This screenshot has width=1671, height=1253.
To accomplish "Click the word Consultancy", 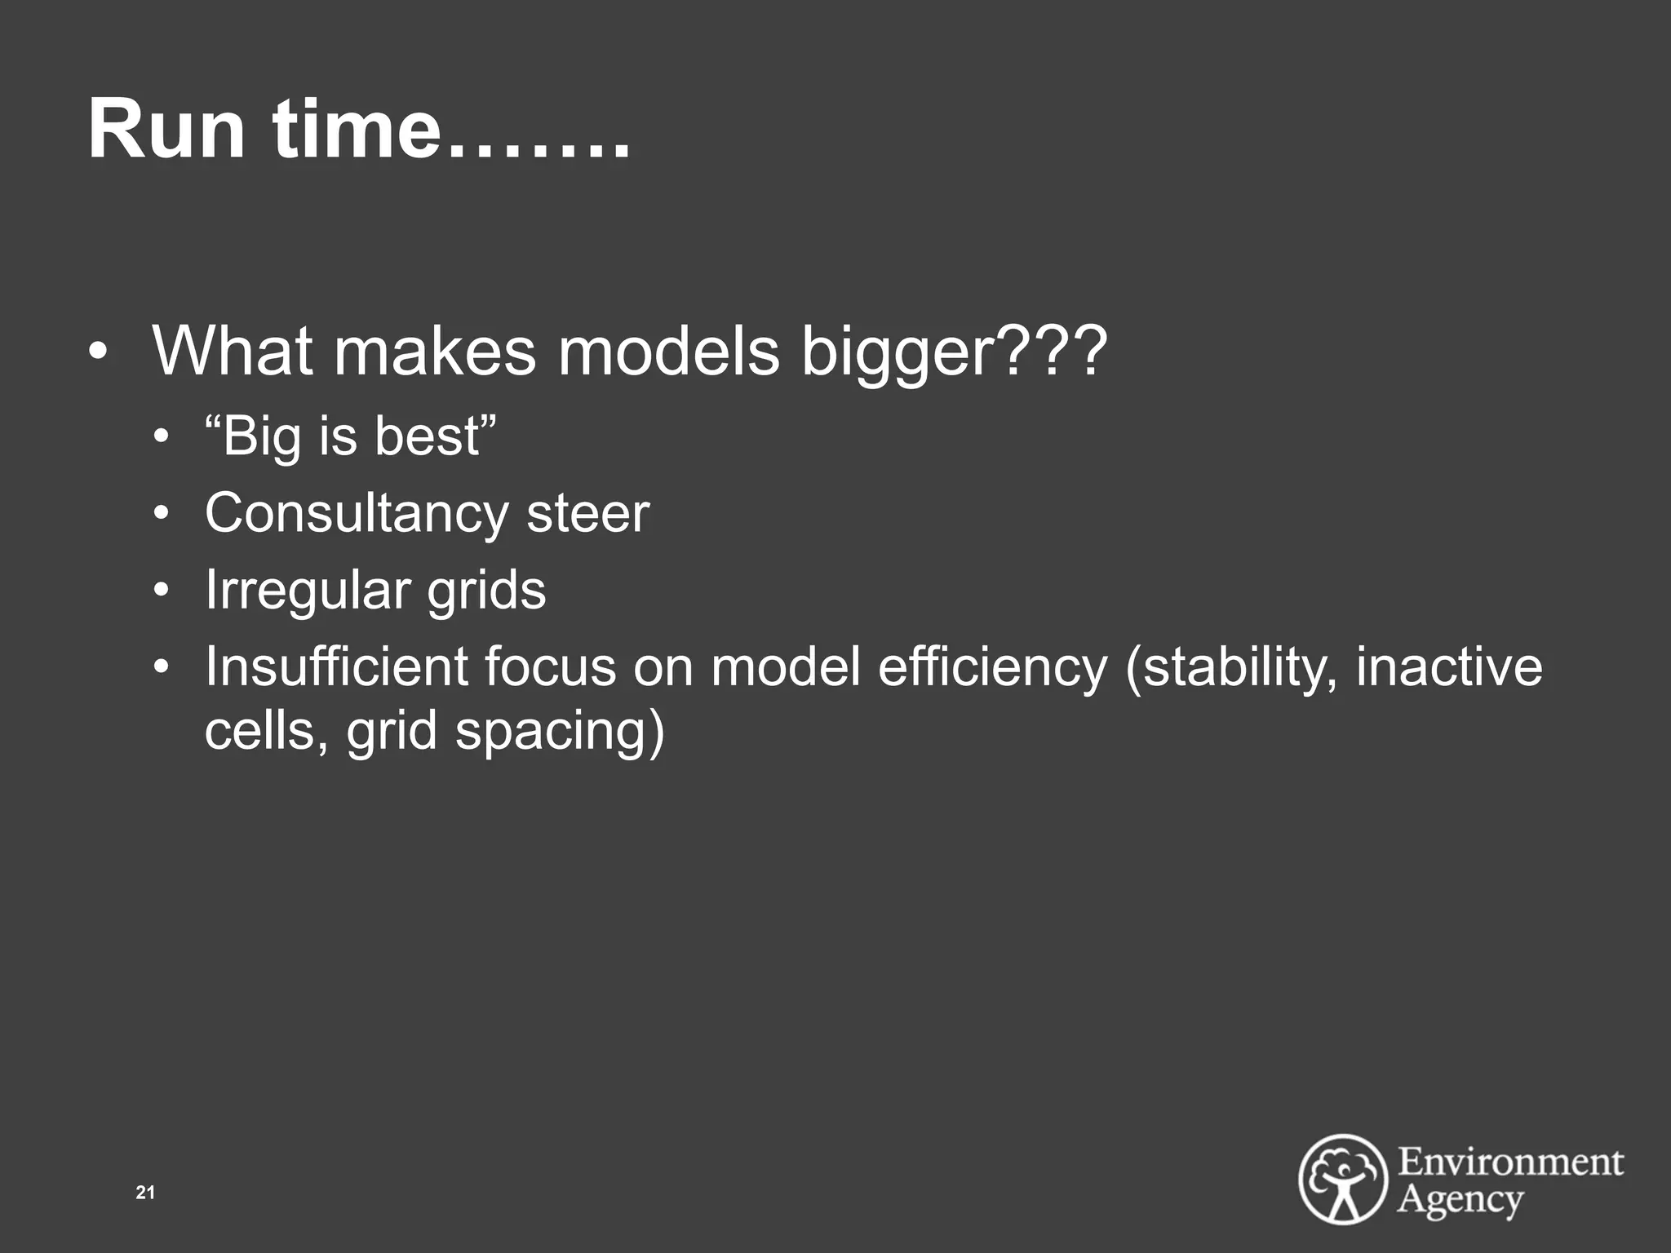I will (357, 514).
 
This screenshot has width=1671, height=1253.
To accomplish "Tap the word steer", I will (587, 514).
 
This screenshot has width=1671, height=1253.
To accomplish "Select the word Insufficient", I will (336, 666).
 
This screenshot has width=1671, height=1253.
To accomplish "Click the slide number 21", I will (145, 1193).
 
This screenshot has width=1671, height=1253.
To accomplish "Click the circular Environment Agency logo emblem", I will (1342, 1178).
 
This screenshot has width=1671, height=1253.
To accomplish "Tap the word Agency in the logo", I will (1460, 1199).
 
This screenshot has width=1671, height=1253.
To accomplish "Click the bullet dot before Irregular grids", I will (163, 590).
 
